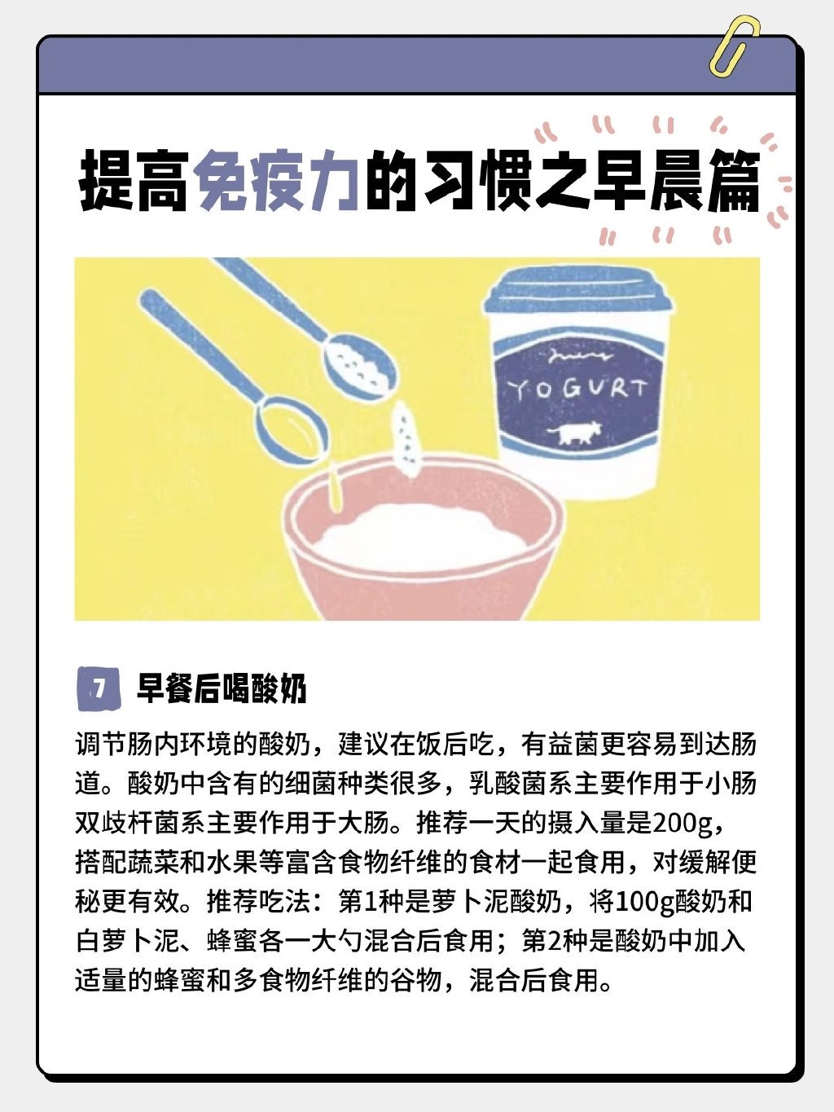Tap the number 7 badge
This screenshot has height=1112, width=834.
click(99, 688)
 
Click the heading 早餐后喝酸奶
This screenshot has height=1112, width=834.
click(222, 688)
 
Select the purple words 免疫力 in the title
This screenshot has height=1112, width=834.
click(277, 181)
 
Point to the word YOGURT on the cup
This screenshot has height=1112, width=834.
click(577, 389)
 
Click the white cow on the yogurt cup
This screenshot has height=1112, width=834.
click(573, 433)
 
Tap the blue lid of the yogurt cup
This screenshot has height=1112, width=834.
click(578, 292)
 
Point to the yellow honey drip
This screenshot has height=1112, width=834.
click(335, 484)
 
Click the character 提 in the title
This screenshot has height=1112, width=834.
click(107, 181)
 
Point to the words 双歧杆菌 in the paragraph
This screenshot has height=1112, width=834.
click(128, 824)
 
